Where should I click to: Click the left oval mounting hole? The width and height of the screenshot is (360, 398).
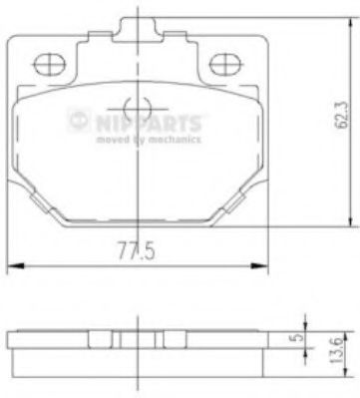coord(49,65)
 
